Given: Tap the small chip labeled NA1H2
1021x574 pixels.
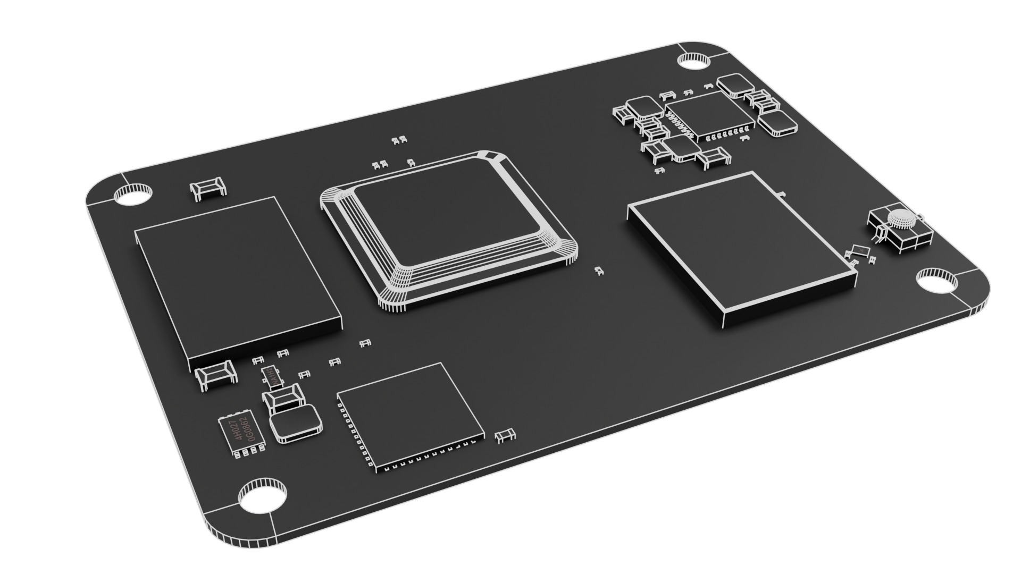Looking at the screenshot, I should (272, 376).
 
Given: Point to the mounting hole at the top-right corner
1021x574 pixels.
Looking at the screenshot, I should (693, 62).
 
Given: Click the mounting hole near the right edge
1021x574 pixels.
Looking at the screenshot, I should (937, 282).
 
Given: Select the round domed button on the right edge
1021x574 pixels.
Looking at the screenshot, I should (901, 218).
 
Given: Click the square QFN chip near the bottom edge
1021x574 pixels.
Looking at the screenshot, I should (411, 415).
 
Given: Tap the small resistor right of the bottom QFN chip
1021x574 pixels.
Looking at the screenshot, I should (505, 436).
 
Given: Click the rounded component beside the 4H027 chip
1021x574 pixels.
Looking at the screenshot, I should (296, 422).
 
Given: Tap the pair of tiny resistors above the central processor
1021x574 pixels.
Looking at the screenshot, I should (399, 141).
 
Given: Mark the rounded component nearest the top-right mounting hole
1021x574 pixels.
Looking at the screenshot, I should (737, 86).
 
